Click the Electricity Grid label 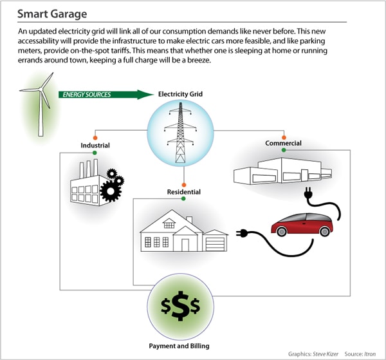click(180, 95)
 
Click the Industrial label click(95, 146)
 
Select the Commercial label click(283, 143)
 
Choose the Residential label click(183, 192)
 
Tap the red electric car click(302, 222)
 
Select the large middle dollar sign click(184, 308)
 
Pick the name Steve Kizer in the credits click(329, 353)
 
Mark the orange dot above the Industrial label click(95, 137)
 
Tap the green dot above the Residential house click(183, 199)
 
